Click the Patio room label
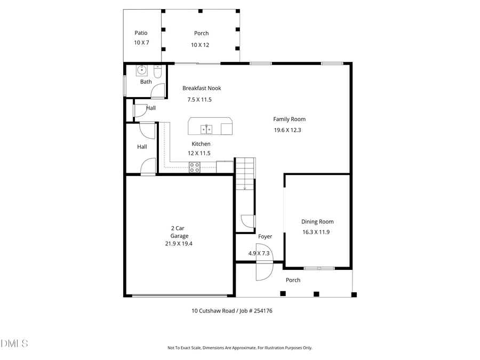[141, 33]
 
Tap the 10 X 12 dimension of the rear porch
[200, 45]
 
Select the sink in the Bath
[142, 70]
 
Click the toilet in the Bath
[158, 71]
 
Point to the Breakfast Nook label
[202, 89]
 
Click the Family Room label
[289, 119]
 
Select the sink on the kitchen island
[206, 129]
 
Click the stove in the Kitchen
[194, 167]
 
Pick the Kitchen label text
[201, 144]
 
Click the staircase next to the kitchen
[245, 173]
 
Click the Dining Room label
[317, 222]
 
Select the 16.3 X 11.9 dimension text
[316, 232]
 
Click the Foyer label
[265, 236]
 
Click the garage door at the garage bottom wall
[179, 295]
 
